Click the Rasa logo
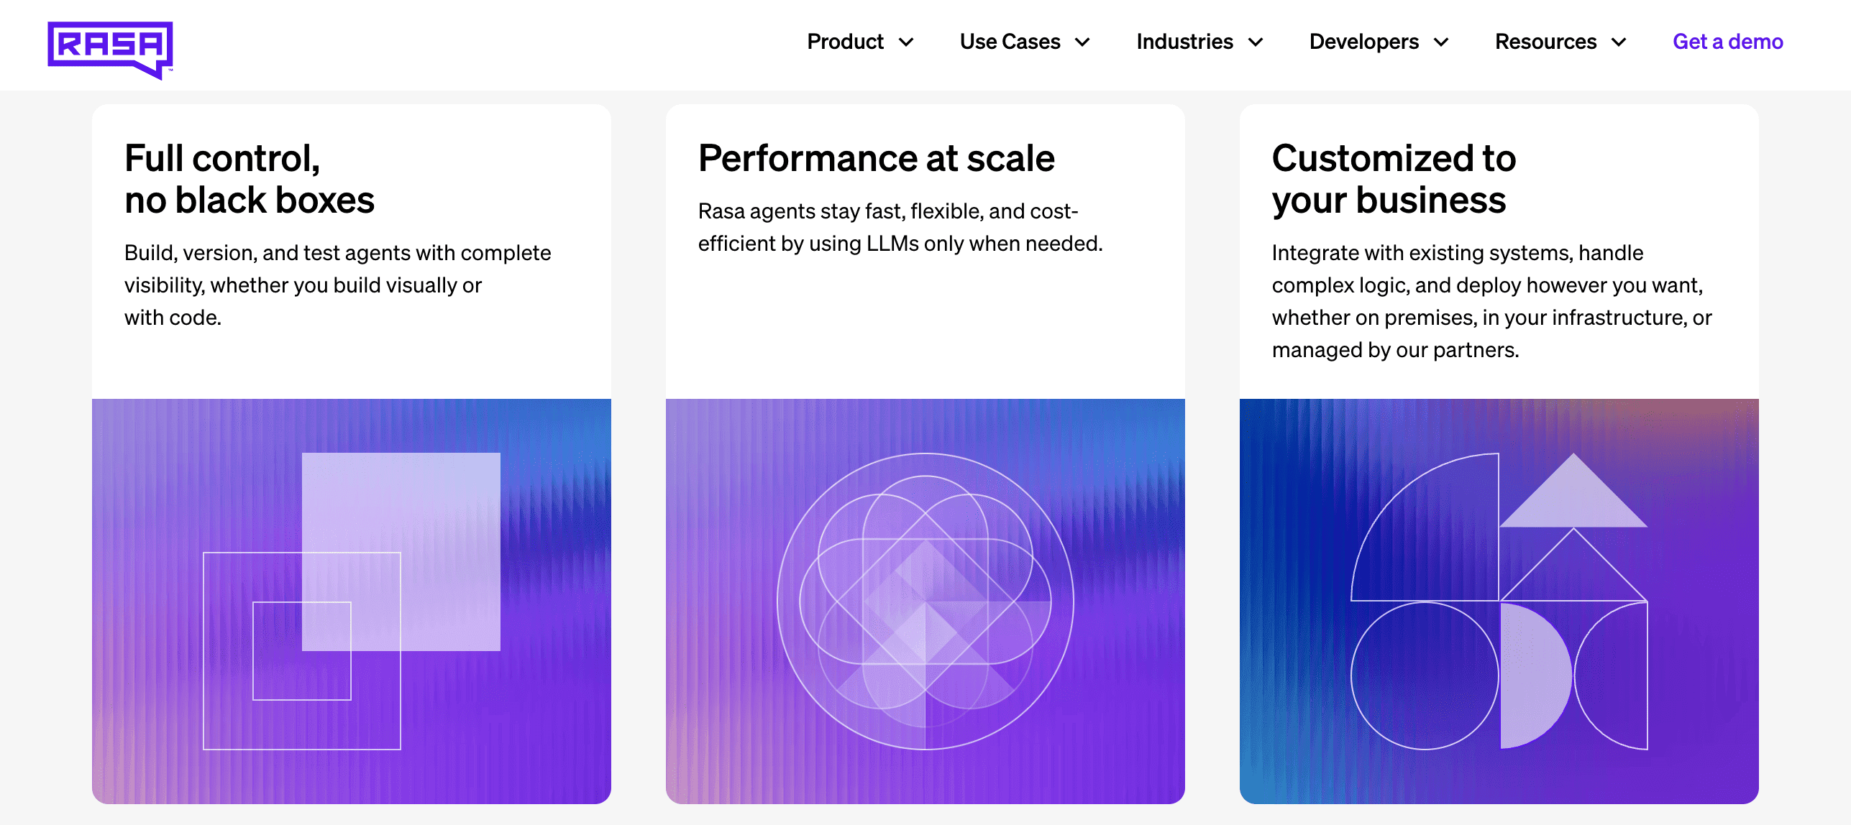pyautogui.click(x=110, y=48)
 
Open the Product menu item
pyautogui.click(x=845, y=42)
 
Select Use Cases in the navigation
pyautogui.click(x=1010, y=42)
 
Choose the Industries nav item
pyautogui.click(x=1184, y=42)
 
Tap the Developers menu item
pyautogui.click(x=1363, y=42)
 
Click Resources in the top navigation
pyautogui.click(x=1545, y=42)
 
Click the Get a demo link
pyautogui.click(x=1727, y=42)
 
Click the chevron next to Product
pyautogui.click(x=907, y=42)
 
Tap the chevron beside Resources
pyautogui.click(x=1619, y=42)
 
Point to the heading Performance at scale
pyautogui.click(x=876, y=158)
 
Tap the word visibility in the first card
pyautogui.click(x=164, y=285)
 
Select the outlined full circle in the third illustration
pyautogui.click(x=1425, y=676)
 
